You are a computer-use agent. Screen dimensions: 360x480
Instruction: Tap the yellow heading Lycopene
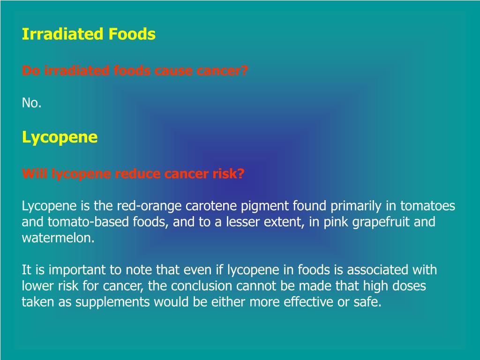point(60,137)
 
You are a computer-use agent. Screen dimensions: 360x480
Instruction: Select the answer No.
point(31,103)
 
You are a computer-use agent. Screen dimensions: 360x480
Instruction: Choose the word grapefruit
point(382,222)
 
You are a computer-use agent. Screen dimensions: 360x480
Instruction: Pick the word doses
point(410,286)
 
